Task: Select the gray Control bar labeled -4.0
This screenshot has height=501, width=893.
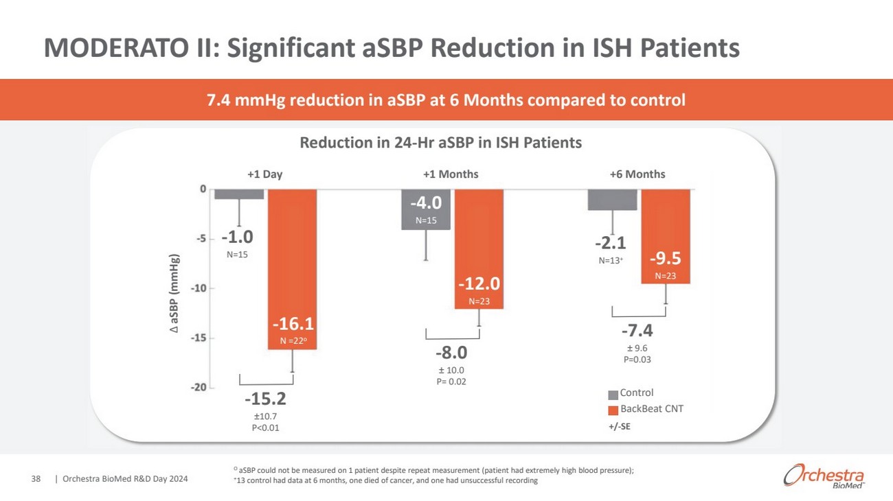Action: click(x=426, y=209)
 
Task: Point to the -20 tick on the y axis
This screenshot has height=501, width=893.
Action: click(x=199, y=388)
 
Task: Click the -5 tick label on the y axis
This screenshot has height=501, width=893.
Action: click(x=201, y=239)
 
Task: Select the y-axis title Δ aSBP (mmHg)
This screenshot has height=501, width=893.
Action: click(x=175, y=295)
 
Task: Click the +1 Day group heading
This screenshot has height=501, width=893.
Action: click(x=265, y=174)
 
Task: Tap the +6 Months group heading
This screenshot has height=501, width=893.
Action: click(x=637, y=174)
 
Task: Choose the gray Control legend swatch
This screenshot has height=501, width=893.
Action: click(x=613, y=395)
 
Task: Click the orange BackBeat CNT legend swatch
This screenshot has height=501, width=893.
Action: click(x=613, y=410)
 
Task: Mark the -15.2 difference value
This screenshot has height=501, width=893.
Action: click(x=265, y=399)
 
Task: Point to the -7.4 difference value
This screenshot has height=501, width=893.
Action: click(x=637, y=331)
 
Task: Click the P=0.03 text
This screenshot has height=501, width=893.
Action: click(x=637, y=359)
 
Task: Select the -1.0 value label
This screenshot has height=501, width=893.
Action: click(x=237, y=237)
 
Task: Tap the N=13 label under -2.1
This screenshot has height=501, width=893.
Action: click(x=611, y=261)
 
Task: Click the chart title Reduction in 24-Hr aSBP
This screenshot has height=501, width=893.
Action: click(x=440, y=143)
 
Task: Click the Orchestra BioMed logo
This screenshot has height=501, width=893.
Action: click(x=823, y=476)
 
